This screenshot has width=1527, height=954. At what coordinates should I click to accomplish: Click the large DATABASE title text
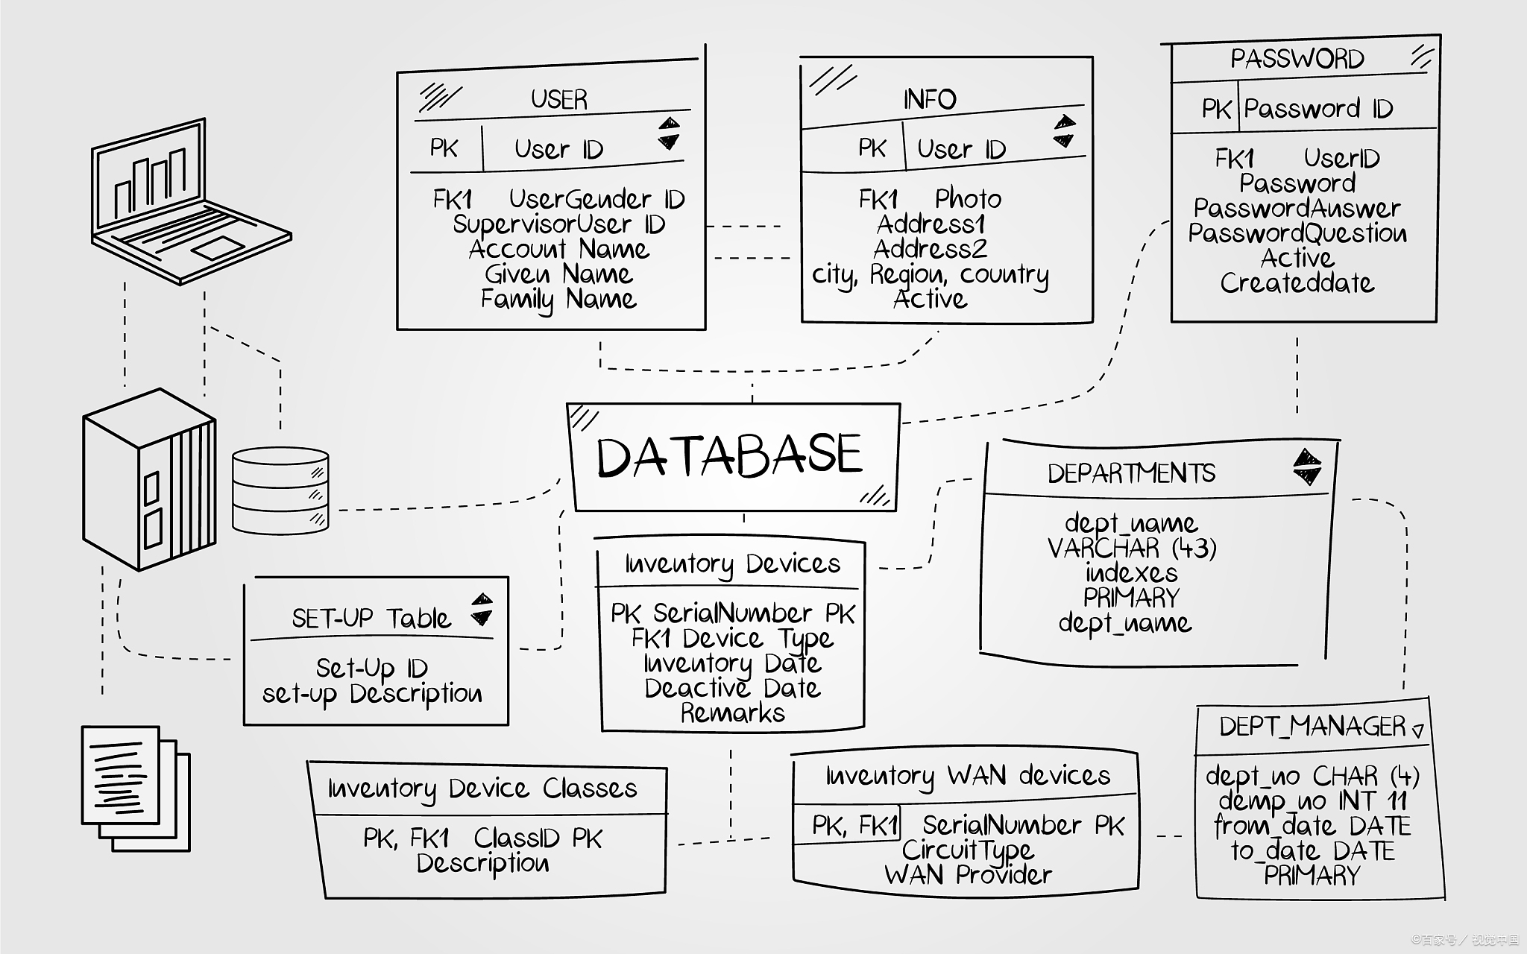tap(729, 456)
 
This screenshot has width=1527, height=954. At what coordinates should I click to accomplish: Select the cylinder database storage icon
tap(280, 490)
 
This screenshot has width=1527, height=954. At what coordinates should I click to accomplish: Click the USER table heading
tap(558, 99)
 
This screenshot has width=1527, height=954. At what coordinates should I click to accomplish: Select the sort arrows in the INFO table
tap(1065, 132)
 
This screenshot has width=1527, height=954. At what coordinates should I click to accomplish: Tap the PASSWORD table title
tap(1297, 59)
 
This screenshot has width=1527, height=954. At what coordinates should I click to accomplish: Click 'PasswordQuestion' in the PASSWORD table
tap(1297, 233)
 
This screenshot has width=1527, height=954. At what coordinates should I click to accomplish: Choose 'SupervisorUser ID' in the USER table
tap(558, 224)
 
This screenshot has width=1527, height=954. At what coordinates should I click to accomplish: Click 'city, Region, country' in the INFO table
tap(930, 275)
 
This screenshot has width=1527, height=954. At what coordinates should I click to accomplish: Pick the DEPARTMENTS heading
tap(1131, 473)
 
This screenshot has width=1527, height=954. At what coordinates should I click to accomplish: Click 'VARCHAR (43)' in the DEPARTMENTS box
tap(1131, 549)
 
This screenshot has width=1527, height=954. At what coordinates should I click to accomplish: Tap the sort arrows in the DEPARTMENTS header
tap(1306, 467)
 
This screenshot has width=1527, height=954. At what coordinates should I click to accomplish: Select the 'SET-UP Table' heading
tap(371, 619)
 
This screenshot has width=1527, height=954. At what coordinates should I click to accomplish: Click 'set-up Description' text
tap(372, 694)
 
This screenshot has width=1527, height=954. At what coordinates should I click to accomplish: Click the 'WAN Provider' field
tap(968, 874)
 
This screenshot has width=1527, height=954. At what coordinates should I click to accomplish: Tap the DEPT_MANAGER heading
tap(1312, 726)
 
